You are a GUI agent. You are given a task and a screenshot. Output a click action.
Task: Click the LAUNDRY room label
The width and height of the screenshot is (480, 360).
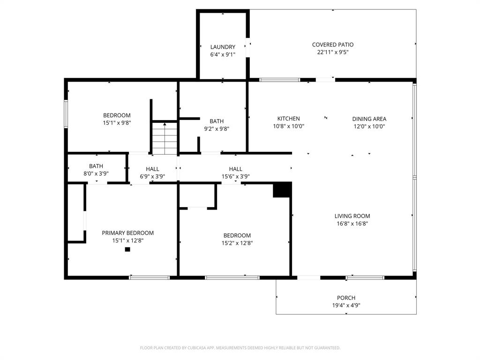(x=223, y=47)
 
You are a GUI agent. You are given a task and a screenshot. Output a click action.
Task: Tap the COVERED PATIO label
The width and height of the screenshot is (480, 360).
(x=333, y=45)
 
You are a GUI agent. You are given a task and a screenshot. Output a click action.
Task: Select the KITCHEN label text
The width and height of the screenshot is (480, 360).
(x=288, y=119)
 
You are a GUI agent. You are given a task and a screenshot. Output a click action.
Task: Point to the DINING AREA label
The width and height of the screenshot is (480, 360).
(x=369, y=119)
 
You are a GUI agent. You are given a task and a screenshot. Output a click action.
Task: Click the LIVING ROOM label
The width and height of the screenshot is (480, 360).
(x=352, y=216)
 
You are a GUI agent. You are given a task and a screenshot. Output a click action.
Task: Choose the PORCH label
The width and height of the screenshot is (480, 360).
(x=346, y=298)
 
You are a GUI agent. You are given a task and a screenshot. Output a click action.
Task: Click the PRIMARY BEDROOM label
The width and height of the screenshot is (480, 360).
(x=127, y=233)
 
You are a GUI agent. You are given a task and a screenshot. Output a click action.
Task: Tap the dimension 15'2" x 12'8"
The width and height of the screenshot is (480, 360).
(x=237, y=243)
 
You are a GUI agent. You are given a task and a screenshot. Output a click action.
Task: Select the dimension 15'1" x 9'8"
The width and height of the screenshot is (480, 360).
(x=117, y=123)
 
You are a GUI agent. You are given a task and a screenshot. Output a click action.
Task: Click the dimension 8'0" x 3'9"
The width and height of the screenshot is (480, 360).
(x=96, y=173)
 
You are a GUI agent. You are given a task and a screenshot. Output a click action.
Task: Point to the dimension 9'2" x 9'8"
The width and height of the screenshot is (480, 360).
(x=216, y=128)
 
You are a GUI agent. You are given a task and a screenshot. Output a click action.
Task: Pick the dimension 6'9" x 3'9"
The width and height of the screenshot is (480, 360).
(x=152, y=177)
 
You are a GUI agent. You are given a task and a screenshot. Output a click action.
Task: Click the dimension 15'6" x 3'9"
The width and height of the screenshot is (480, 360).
(x=235, y=177)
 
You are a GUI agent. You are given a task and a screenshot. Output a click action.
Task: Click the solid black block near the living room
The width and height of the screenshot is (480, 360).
(x=282, y=190)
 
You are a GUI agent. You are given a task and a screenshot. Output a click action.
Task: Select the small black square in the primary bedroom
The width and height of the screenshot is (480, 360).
(x=127, y=249)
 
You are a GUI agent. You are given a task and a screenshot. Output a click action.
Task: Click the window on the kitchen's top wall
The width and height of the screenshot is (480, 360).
(x=280, y=80)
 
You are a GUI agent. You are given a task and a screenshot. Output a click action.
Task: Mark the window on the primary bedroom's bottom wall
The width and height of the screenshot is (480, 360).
(x=150, y=277)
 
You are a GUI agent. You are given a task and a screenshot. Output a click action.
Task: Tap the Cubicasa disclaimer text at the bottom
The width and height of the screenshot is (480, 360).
(x=240, y=348)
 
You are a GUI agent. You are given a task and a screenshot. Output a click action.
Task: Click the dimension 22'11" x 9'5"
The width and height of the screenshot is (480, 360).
(x=333, y=52)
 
